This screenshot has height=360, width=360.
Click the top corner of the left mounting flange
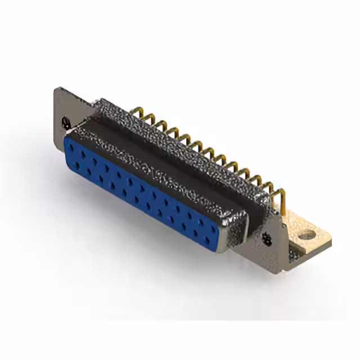[57, 88]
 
